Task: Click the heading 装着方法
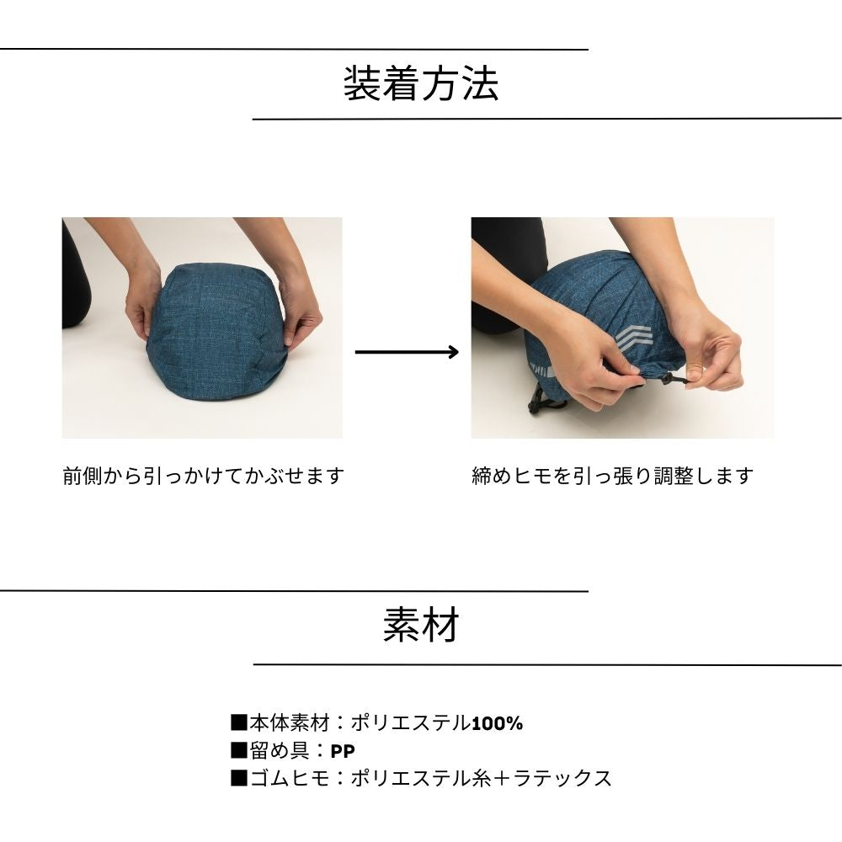tap(421, 83)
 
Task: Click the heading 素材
tap(421, 625)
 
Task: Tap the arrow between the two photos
tap(407, 352)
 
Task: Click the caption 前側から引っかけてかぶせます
tap(203, 476)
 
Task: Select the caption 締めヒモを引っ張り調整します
tap(613, 476)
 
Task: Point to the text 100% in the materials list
tap(497, 724)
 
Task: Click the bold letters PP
tap(343, 751)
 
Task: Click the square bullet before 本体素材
tap(239, 722)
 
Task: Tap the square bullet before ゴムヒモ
tap(239, 778)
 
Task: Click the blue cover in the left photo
tap(215, 330)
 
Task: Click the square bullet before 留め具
tap(239, 750)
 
